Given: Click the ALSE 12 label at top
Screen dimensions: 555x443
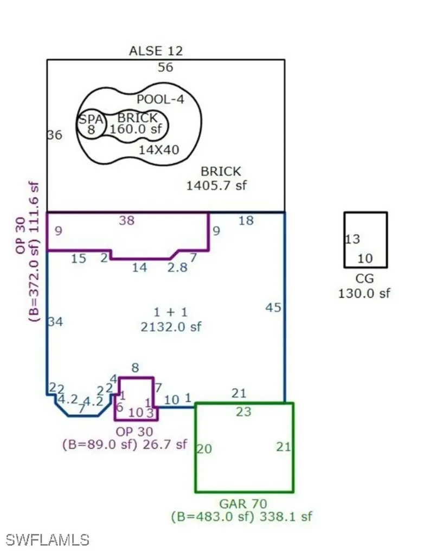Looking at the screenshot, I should (156, 51).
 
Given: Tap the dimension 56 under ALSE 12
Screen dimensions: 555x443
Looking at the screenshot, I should (165, 67).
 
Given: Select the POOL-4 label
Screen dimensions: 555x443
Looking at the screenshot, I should (160, 100).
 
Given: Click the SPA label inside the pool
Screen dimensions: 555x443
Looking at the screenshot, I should (91, 119).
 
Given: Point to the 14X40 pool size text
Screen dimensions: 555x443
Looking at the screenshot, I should (159, 150).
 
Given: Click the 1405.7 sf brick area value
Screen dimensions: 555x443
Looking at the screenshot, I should (216, 185).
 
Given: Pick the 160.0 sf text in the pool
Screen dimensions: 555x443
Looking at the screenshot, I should (135, 130).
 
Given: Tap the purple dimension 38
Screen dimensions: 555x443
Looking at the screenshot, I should (127, 220).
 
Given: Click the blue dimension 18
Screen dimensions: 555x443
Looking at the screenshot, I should (246, 220).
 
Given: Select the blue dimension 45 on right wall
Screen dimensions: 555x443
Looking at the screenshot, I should (273, 307).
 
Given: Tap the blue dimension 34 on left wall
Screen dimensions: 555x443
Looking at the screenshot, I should (55, 322).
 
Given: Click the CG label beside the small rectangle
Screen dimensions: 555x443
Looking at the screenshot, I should (365, 280).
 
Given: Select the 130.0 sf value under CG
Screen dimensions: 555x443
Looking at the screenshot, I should (364, 293).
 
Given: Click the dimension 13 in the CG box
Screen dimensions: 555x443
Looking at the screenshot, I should (352, 239).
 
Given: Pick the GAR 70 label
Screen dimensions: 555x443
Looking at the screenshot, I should (243, 504).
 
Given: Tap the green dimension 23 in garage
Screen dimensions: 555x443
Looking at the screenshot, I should (243, 412).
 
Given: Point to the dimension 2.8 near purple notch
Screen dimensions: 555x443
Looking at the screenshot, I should (176, 268).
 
